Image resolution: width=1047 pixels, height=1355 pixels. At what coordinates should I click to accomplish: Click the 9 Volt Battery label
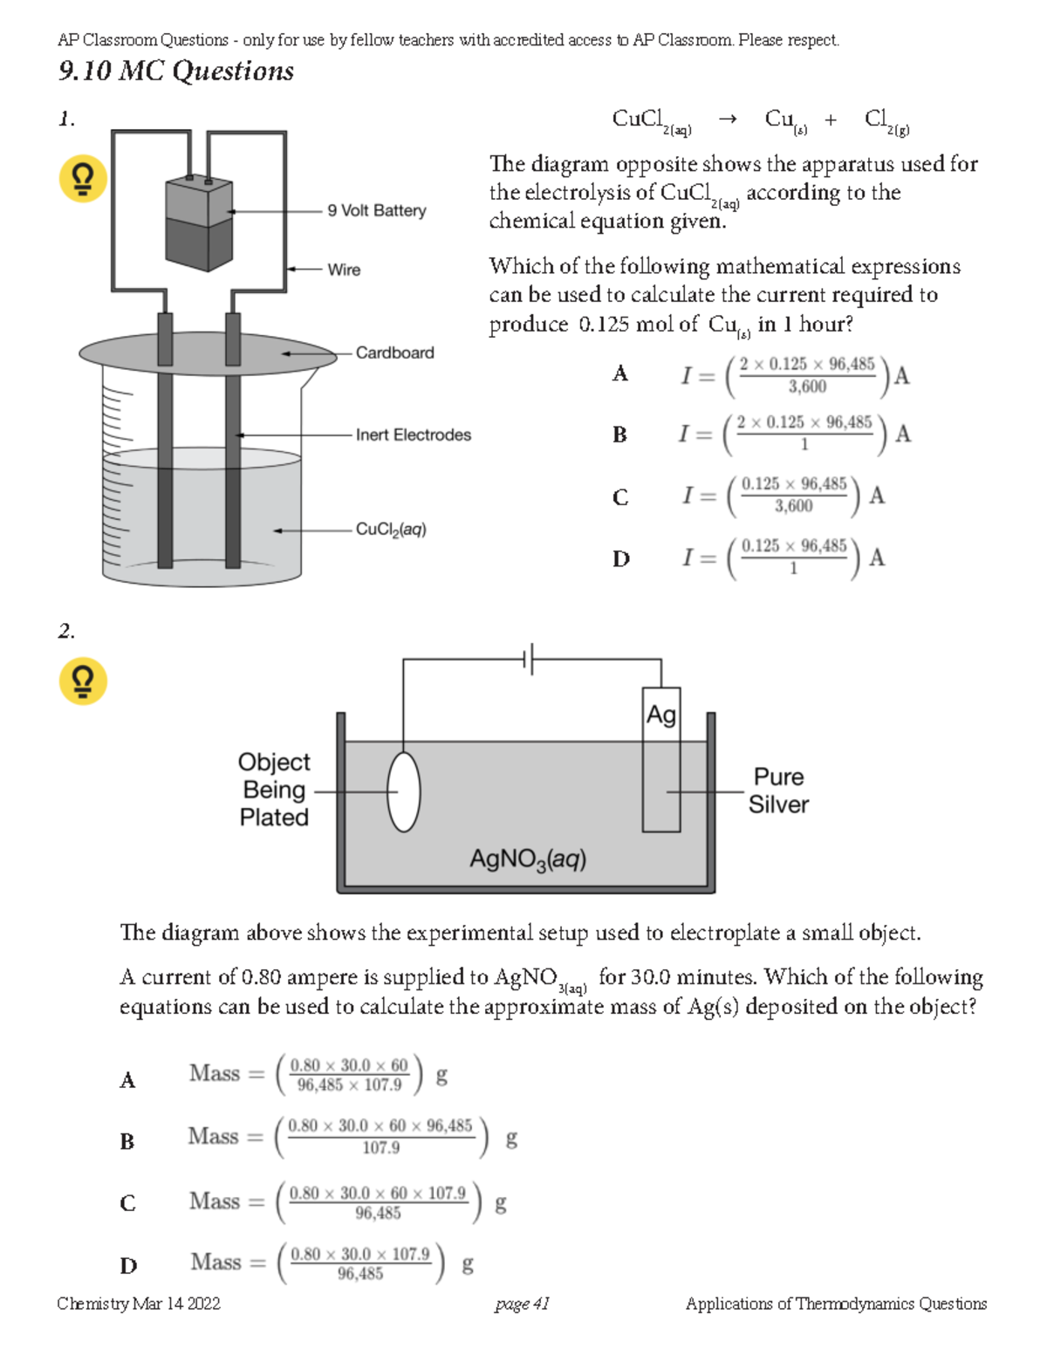pyautogui.click(x=376, y=210)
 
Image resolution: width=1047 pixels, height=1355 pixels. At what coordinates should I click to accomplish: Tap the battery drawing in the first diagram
pyautogui.click(x=199, y=222)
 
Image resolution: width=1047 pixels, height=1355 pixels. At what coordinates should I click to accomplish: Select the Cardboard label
pyautogui.click(x=394, y=352)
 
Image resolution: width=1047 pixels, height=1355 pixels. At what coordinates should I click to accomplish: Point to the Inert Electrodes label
pyautogui.click(x=413, y=435)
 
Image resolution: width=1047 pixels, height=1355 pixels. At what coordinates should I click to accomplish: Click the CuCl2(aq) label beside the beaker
pyautogui.click(x=391, y=530)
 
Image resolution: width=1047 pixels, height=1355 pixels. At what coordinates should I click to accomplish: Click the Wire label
pyautogui.click(x=344, y=270)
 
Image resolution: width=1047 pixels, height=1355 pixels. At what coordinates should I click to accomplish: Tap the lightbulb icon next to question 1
pyautogui.click(x=83, y=179)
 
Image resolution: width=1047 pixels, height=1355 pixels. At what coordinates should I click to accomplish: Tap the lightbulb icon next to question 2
pyautogui.click(x=83, y=681)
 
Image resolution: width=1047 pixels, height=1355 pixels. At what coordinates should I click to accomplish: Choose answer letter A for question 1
pyautogui.click(x=619, y=374)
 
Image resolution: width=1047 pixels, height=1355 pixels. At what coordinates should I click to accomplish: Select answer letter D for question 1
pyautogui.click(x=620, y=559)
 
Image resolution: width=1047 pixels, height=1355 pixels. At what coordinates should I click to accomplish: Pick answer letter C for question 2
pyautogui.click(x=127, y=1203)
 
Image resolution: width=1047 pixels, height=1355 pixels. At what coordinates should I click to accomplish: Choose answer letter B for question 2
pyautogui.click(x=127, y=1141)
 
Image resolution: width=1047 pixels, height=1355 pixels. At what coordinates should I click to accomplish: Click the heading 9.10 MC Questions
pyautogui.click(x=175, y=71)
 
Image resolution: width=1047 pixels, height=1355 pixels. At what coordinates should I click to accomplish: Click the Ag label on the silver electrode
pyautogui.click(x=660, y=715)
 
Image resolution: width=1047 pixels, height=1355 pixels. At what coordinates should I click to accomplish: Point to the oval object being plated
pyautogui.click(x=403, y=791)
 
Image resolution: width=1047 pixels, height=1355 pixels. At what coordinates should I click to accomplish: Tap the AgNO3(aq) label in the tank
pyautogui.click(x=527, y=859)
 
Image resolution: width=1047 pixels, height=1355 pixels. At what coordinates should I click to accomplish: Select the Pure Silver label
pyautogui.click(x=778, y=790)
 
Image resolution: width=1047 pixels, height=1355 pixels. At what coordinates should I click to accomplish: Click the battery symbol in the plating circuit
pyautogui.click(x=529, y=659)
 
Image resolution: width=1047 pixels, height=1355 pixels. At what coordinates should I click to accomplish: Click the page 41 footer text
pyautogui.click(x=522, y=1304)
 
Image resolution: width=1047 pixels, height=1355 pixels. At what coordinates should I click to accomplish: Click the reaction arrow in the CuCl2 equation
pyautogui.click(x=727, y=120)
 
